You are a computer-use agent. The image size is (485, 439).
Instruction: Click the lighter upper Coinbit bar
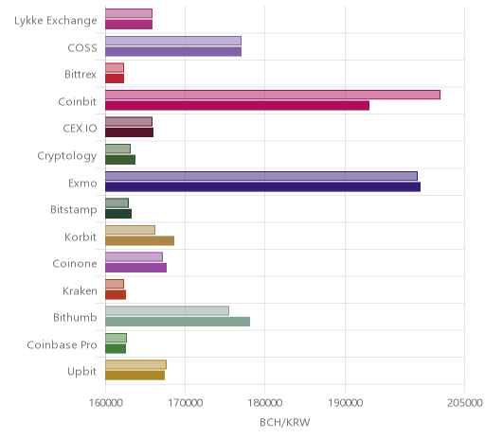273,95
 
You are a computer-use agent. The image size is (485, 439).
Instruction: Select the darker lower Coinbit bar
237,106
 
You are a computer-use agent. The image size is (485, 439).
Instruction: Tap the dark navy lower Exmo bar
262,186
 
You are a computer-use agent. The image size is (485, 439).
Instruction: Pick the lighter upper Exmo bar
261,176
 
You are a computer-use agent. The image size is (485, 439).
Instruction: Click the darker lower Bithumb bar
177,322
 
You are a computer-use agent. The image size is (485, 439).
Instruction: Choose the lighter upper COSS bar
173,41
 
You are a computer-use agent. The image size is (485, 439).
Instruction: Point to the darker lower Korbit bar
139,240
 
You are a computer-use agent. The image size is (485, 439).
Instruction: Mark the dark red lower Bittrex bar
115,79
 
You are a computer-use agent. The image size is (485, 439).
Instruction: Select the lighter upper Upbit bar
135,364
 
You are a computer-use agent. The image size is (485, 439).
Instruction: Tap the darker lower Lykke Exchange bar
129,25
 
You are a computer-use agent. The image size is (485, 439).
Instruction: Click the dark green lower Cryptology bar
120,160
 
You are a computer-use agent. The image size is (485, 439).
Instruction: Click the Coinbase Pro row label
62,344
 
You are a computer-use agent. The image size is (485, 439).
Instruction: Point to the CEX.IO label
80,129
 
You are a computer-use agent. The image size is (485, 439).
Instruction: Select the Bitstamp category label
74,210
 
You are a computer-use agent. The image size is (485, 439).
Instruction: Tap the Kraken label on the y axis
80,290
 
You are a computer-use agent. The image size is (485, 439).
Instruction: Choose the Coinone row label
75,264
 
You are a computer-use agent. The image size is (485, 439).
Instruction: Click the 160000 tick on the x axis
105,403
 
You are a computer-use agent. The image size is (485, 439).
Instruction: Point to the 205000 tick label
465,403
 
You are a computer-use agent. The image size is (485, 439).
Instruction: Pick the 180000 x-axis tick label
265,403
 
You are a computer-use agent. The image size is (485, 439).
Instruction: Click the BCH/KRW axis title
285,422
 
